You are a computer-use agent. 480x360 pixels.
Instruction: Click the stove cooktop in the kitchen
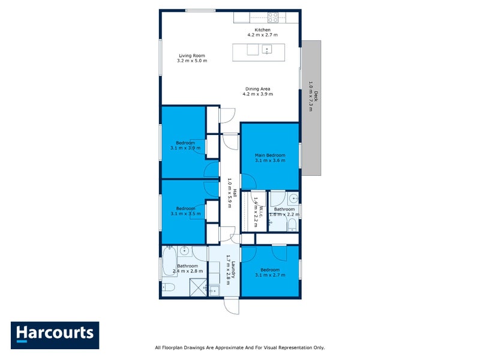coord(273,17)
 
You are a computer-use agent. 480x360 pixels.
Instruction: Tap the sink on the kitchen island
coord(268,49)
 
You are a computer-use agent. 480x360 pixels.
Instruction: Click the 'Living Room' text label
coord(192,55)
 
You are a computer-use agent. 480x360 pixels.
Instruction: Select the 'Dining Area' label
coord(257,89)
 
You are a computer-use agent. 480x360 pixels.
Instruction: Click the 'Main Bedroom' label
coord(269,155)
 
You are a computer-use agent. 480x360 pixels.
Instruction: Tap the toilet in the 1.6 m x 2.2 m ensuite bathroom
coord(291,224)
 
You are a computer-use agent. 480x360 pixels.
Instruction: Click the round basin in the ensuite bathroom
coord(292,198)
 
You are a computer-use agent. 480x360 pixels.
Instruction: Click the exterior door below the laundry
coord(231,305)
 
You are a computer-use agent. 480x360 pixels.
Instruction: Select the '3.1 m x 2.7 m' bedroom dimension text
coord(269,275)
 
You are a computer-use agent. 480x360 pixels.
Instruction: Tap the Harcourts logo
coord(55,335)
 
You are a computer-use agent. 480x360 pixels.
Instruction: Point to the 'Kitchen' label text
coord(262,29)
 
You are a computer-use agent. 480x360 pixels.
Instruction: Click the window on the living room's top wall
coord(200,10)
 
